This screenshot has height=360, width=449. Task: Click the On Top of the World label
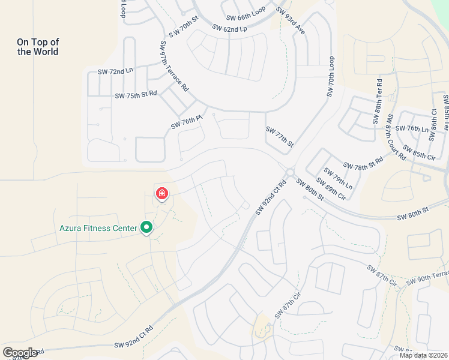click(x=38, y=47)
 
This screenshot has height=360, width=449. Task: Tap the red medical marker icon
click(x=161, y=194)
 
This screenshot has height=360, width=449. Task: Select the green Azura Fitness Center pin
click(x=146, y=227)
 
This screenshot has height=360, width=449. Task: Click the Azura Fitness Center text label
click(x=98, y=228)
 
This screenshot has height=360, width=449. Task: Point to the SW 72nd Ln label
click(x=115, y=72)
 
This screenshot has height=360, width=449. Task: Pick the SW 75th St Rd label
click(x=136, y=95)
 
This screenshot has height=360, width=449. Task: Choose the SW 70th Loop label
click(x=331, y=77)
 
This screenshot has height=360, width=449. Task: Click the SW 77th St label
click(x=280, y=137)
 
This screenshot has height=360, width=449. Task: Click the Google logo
click(x=20, y=352)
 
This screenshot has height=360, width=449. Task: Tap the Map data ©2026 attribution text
click(x=423, y=355)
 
